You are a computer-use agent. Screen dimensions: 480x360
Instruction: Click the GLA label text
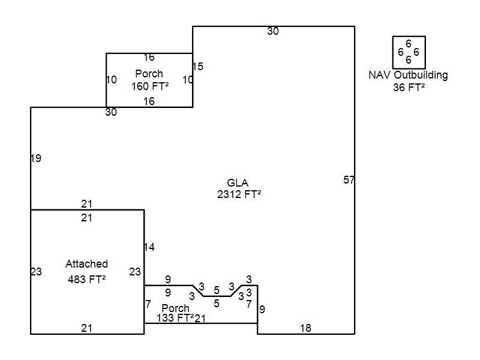click(238, 183)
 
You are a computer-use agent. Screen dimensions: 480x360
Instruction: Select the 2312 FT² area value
click(239, 194)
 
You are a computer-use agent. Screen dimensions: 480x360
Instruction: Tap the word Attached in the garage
click(86, 264)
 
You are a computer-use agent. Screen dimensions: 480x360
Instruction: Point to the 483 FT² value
click(86, 279)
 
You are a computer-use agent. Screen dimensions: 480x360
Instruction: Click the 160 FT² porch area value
click(150, 86)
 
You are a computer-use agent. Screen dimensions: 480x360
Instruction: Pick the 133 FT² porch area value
click(175, 318)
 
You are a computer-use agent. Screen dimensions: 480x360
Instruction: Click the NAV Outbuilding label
click(408, 75)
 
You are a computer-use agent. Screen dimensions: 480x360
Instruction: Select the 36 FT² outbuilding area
click(409, 88)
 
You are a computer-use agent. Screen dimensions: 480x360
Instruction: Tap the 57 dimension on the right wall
click(349, 180)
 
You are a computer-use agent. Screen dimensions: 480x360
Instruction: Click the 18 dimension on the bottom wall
click(305, 328)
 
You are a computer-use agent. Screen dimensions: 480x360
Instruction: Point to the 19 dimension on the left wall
click(36, 158)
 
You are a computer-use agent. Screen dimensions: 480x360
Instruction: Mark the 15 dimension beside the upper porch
click(198, 67)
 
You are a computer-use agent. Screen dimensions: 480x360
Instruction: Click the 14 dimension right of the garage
click(149, 247)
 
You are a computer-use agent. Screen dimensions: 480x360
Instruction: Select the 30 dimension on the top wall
click(273, 31)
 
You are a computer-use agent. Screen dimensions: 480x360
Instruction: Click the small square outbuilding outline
click(409, 37)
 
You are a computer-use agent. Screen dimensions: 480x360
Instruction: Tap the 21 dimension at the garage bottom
click(86, 328)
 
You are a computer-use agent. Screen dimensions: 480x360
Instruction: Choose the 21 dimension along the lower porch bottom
click(200, 319)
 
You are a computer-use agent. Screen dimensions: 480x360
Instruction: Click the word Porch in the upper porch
click(149, 74)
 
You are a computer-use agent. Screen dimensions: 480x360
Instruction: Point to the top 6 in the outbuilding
click(409, 44)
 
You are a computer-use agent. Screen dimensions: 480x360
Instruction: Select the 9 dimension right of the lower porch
click(262, 310)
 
